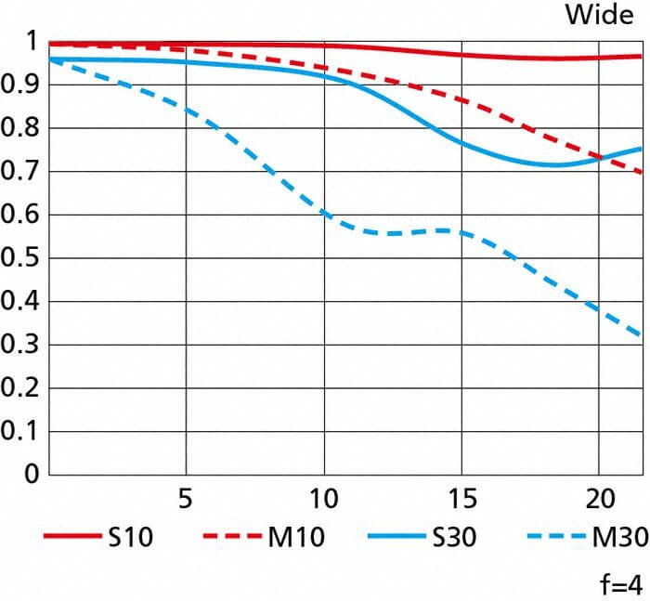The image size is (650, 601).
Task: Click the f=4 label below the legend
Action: [618, 584]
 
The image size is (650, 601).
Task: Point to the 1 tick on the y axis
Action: [31, 42]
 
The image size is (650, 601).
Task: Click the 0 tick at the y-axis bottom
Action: [30, 475]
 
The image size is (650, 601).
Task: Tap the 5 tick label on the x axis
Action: [186, 498]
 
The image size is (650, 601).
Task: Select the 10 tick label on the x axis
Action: [323, 498]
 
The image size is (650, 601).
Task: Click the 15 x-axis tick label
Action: [461, 498]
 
